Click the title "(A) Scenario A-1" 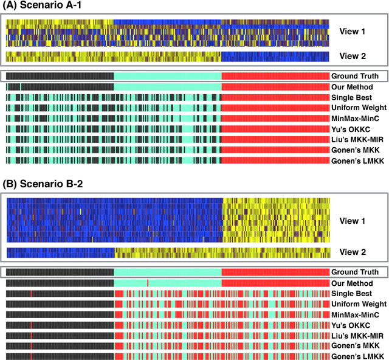pos(38,7)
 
